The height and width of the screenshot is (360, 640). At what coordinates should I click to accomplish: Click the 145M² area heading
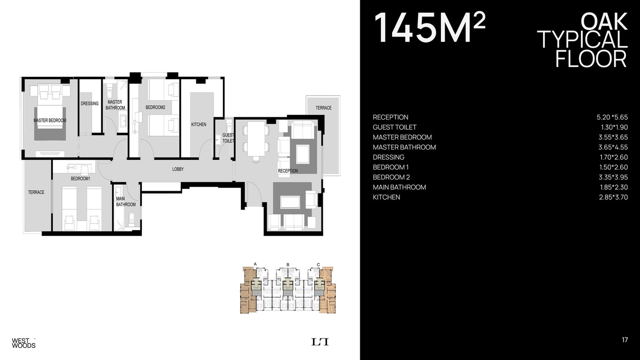(430, 28)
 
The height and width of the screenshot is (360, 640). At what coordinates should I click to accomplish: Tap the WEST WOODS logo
(23, 343)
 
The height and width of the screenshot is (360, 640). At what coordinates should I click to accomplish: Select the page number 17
(625, 340)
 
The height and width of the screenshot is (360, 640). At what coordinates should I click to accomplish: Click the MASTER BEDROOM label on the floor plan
(50, 120)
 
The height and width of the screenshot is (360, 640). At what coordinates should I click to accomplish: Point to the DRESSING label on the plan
(89, 104)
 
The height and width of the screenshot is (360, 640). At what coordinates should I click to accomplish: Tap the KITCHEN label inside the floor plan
(199, 124)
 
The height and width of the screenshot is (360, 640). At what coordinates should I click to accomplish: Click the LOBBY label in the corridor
(178, 169)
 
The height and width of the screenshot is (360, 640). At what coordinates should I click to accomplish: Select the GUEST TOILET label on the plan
(228, 138)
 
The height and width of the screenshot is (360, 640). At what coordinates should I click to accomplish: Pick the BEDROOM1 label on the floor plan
(81, 179)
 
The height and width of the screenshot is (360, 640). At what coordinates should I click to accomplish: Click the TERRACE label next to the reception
(323, 108)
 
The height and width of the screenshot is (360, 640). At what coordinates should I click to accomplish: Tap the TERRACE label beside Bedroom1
(36, 192)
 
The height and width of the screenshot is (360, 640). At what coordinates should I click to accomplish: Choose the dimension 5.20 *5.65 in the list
(612, 117)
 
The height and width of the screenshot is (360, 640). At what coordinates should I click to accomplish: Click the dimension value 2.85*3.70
(613, 197)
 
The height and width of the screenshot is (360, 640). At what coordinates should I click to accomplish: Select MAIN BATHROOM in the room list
(400, 187)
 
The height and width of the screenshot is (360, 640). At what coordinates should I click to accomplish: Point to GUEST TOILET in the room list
(394, 127)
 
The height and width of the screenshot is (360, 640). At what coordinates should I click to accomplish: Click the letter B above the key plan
(288, 264)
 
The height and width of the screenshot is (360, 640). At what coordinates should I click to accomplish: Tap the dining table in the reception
(256, 139)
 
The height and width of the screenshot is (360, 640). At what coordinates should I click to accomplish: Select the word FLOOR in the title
(591, 59)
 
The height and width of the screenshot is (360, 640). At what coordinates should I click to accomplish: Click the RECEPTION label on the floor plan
(288, 171)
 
